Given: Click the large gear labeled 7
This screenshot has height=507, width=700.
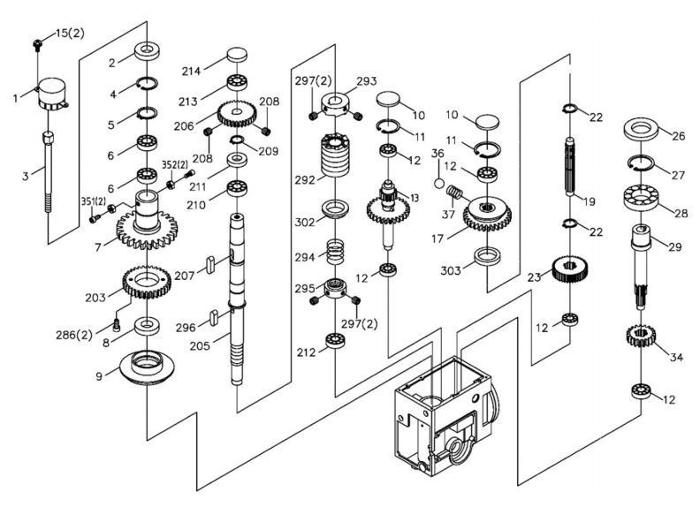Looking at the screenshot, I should point(146,228).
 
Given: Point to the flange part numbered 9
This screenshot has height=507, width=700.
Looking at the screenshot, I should point(146,367).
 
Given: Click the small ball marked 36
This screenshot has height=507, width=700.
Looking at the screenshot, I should point(437,183).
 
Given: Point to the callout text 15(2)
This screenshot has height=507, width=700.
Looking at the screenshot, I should point(70,33).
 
